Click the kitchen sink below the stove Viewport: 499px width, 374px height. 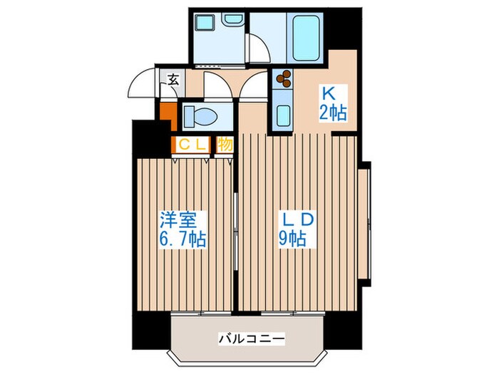click(x=282, y=114)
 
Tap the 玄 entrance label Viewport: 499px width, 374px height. click(x=173, y=80)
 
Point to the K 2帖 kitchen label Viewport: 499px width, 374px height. click(x=333, y=103)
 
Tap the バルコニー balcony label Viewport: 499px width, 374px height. click(x=250, y=337)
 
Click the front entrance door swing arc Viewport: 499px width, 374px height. click(x=140, y=84)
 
